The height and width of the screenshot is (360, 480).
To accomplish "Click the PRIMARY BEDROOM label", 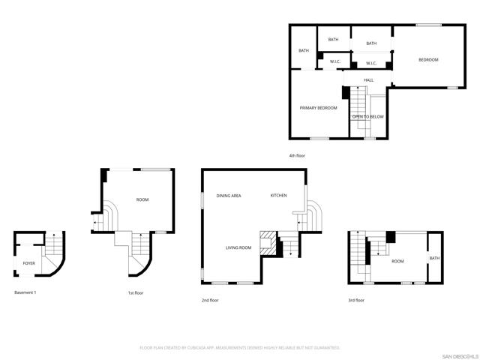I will point(318,108).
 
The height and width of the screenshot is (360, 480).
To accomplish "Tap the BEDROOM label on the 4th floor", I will point(428,60).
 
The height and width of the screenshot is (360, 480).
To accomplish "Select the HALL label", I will point(369,80).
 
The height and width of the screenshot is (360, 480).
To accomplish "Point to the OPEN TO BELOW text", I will point(368,117).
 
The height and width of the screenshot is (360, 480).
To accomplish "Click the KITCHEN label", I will point(278,196).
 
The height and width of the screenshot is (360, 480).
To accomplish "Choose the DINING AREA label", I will point(229,196).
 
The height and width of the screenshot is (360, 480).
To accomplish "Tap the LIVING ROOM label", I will point(238,247).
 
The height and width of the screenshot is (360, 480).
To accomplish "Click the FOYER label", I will point(29,264).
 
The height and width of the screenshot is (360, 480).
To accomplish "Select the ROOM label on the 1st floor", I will point(142,199).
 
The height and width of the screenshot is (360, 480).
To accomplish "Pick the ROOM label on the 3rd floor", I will point(397,261).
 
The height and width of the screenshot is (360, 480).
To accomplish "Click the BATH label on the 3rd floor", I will point(435,259).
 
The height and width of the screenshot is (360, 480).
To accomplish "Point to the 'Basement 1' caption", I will point(25,292).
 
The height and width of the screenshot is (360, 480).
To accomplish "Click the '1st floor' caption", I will point(136,293).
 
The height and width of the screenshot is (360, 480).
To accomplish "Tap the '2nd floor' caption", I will point(210,300).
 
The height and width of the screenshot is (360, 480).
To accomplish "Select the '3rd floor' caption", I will point(355,300).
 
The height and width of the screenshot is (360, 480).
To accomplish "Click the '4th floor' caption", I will point(298,155).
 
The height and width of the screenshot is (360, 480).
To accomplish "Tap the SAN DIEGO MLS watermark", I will point(459,355).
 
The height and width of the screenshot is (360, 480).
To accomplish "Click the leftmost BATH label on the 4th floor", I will point(304,51).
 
